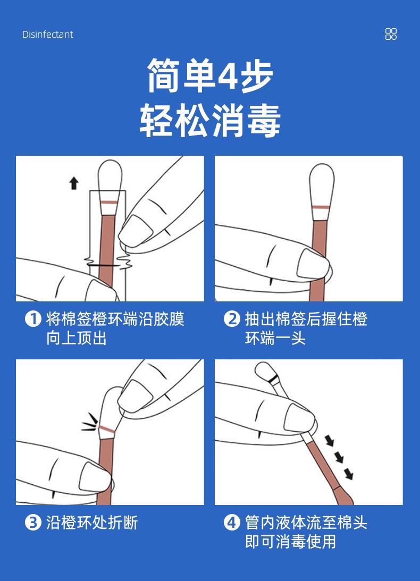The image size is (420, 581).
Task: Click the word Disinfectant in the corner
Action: pos(48,35)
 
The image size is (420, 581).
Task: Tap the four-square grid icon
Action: pos(391,34)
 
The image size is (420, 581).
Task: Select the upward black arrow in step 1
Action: pos(74,183)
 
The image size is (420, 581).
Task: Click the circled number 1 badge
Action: pos(33,319)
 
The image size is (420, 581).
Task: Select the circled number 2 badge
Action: pos(232,319)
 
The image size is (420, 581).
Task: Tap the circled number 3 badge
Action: pos(33,523)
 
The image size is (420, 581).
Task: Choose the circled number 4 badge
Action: pos(232,523)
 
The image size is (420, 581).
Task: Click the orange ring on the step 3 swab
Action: pos(107,429)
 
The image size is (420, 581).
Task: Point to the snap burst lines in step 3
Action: pos(90,423)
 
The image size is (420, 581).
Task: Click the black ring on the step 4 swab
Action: pos(274,380)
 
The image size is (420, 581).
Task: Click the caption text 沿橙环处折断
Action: pos(92,523)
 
